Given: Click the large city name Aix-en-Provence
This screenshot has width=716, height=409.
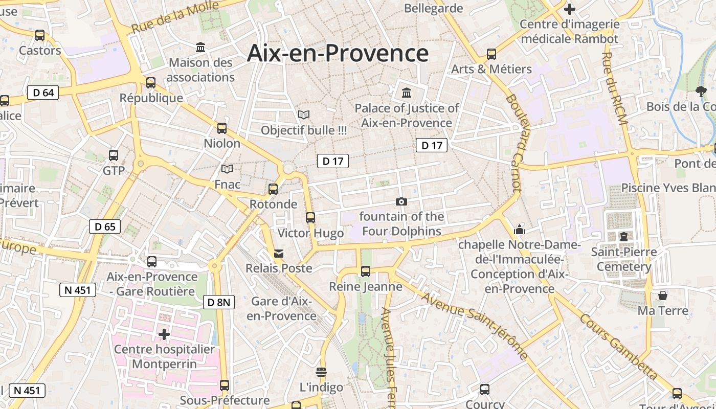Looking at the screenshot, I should click(x=338, y=53).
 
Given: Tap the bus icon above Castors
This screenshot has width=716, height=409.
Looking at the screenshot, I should click(x=40, y=35).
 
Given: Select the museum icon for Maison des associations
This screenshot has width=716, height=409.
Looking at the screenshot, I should click(x=200, y=48).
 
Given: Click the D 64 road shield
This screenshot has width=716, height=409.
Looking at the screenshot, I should click(x=43, y=93).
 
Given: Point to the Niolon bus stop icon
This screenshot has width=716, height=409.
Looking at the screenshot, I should click(x=222, y=128).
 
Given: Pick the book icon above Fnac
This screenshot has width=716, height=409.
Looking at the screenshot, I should click(x=227, y=169).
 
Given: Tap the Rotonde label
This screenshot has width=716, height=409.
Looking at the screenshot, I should click(x=273, y=204).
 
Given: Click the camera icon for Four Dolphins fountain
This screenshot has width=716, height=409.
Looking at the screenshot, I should click(x=401, y=201).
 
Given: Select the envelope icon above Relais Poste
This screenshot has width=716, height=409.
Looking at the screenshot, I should click(x=279, y=253).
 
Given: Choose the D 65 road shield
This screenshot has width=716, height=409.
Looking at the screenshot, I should click(x=105, y=226).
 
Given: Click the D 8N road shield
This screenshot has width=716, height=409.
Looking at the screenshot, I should click(x=219, y=302).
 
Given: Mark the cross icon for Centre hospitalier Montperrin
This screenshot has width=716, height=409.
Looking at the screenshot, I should click(x=164, y=334).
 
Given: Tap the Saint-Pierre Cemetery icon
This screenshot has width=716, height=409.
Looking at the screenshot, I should click(x=623, y=236).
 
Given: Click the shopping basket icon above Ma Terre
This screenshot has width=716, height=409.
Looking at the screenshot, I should click(x=663, y=296).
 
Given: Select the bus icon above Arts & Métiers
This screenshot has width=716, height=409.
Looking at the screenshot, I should click(x=491, y=54).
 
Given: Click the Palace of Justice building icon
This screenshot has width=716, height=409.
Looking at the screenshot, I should click(x=407, y=93).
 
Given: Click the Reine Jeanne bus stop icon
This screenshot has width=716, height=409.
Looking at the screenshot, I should click(x=366, y=271).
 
